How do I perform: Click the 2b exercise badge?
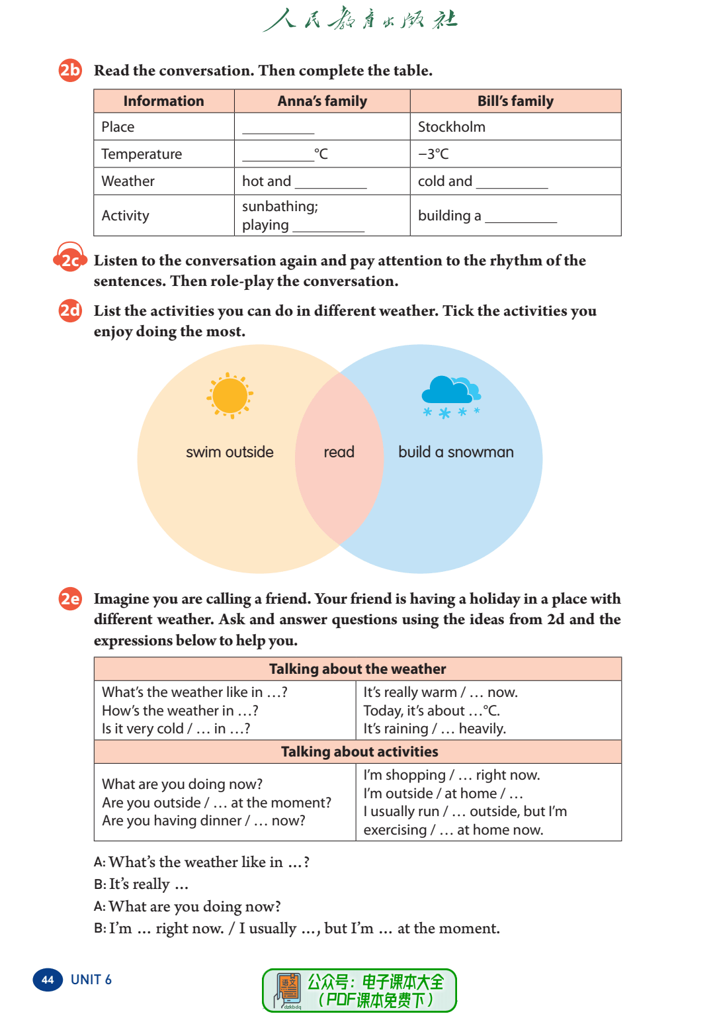(x=70, y=70)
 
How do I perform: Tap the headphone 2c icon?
(x=70, y=259)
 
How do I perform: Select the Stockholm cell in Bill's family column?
(x=452, y=127)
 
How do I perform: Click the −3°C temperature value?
(x=433, y=154)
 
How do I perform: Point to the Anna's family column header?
(x=322, y=101)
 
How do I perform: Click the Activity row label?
(x=126, y=216)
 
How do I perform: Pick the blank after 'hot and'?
(x=331, y=183)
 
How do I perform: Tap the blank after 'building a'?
(x=521, y=217)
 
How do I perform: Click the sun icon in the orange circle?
(x=230, y=396)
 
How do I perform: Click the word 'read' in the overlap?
(x=339, y=452)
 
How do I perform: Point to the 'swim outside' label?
(x=230, y=452)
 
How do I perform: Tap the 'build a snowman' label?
(x=456, y=452)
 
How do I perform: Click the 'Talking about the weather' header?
(x=357, y=669)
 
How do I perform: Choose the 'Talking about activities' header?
(x=359, y=752)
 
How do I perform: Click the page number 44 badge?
(x=48, y=980)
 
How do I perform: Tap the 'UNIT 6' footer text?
(x=91, y=980)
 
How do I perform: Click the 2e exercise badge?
(x=70, y=599)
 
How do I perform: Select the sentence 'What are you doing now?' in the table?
(x=182, y=784)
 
